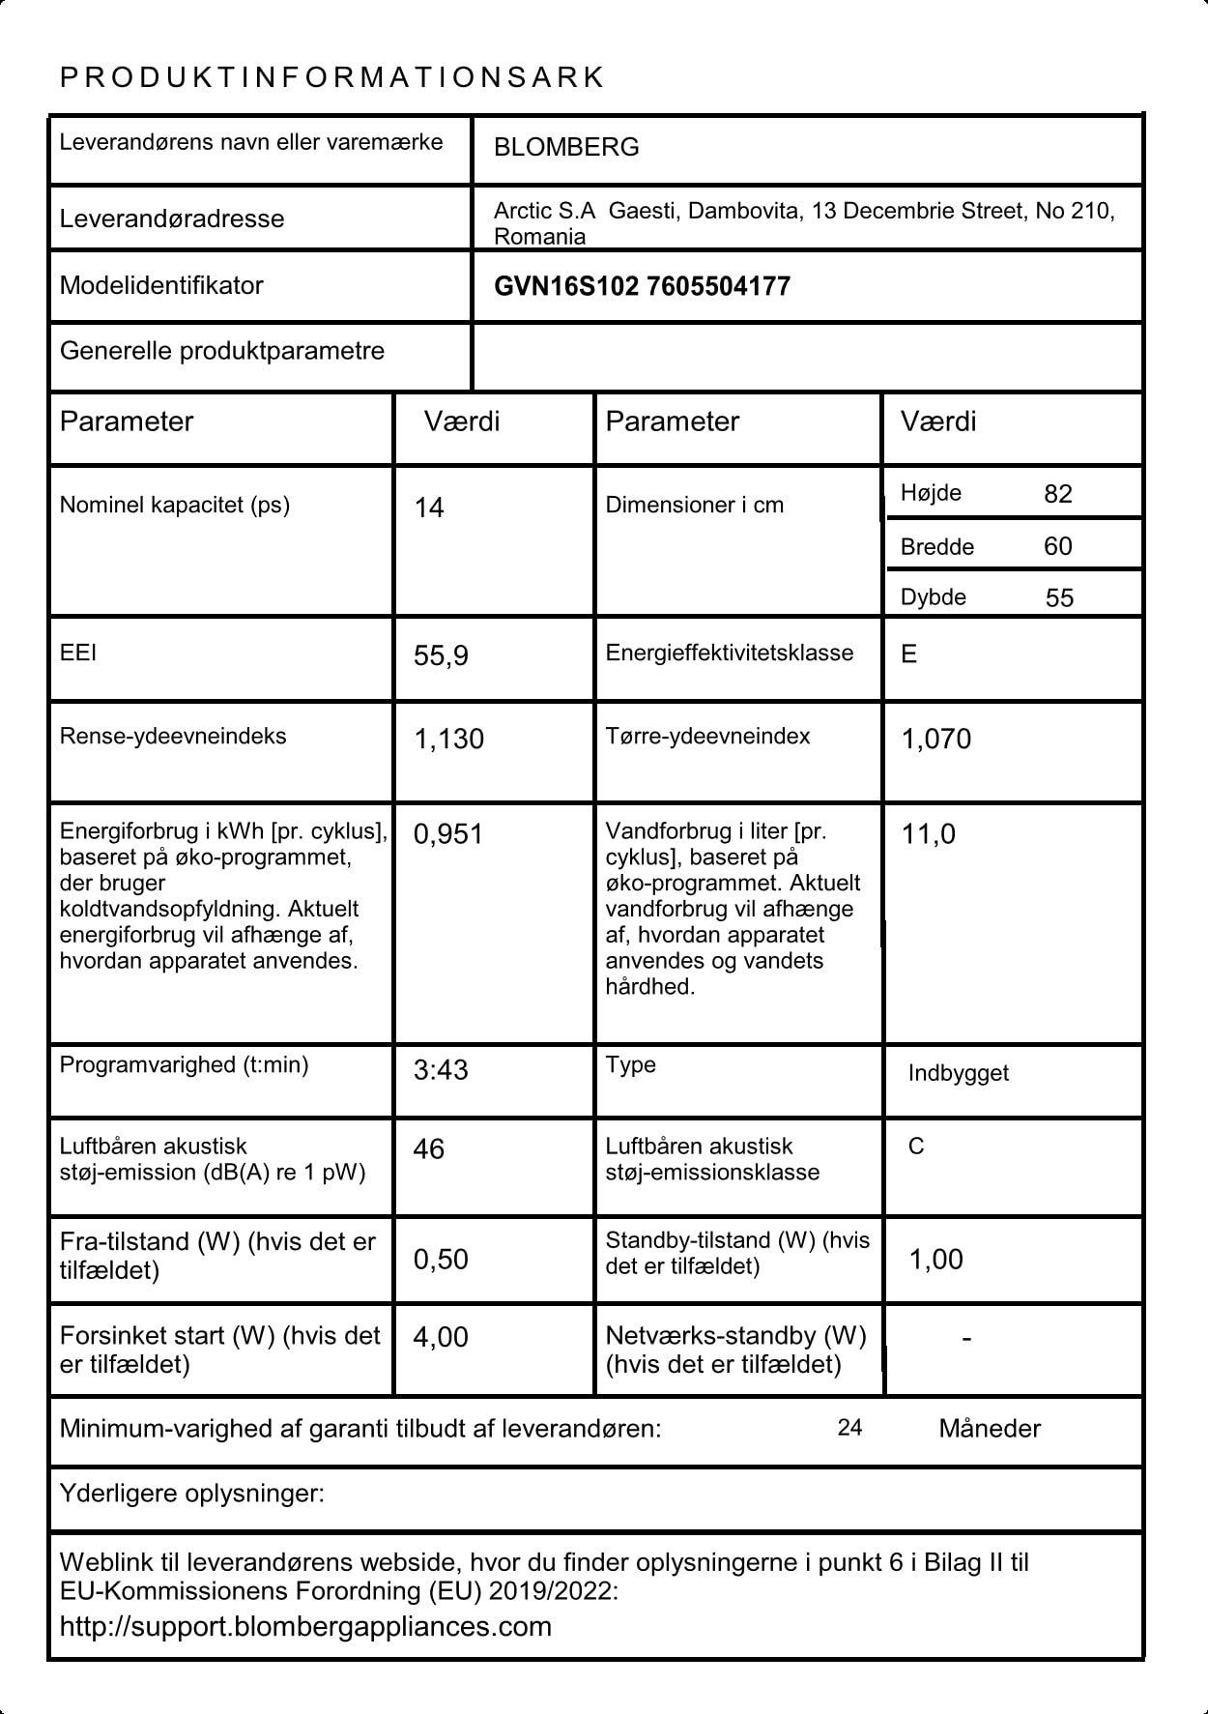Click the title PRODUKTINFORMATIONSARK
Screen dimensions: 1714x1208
coord(331,77)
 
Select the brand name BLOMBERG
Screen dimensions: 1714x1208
coord(566,147)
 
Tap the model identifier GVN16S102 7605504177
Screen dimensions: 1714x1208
coord(642,286)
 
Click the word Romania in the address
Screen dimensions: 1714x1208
coord(539,237)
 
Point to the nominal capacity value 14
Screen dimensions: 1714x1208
coord(429,508)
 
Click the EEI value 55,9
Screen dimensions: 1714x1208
coord(441,656)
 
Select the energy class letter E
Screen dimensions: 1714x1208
coord(908,654)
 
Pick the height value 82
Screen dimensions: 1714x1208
coord(1058,494)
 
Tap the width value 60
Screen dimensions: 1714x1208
coord(1058,546)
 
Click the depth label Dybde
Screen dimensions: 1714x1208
coord(933,597)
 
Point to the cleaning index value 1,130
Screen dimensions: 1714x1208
coord(448,740)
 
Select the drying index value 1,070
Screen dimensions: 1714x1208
coord(935,740)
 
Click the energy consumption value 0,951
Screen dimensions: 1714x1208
coord(447,834)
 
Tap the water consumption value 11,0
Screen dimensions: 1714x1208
coord(928,834)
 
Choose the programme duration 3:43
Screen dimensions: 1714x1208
coord(441,1070)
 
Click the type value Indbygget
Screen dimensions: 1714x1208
coord(958,1073)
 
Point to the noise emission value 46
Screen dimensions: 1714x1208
coord(428,1149)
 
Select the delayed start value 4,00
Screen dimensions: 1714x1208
coord(440,1337)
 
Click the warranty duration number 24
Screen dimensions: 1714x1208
coord(849,1428)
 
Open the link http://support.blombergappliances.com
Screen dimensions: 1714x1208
coord(305,1626)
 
